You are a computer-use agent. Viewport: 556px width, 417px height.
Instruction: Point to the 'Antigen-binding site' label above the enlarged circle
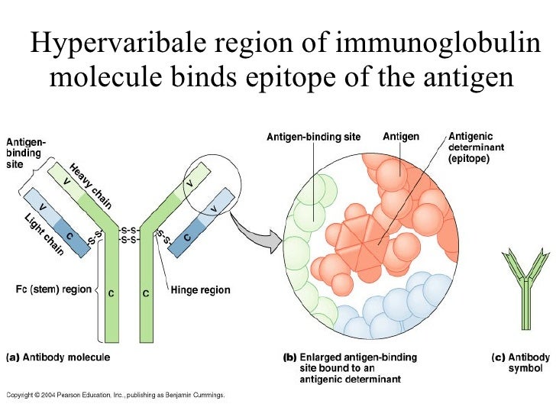313,137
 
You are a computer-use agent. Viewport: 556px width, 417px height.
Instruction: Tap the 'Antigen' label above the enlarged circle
400,137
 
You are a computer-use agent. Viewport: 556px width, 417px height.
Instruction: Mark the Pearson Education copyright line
115,395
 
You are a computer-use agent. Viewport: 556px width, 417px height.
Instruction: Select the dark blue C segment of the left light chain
69,236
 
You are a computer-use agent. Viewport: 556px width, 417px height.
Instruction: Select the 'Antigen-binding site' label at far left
26,153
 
